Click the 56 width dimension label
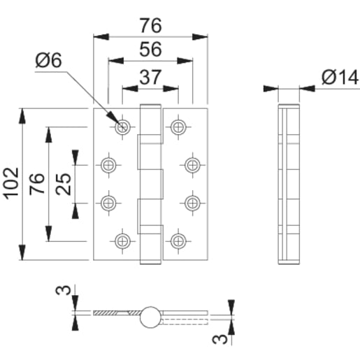[x=150, y=50]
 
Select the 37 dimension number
[x=150, y=77]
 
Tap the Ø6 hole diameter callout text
[x=48, y=62]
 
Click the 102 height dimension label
[x=12, y=184]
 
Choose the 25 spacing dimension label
[x=62, y=184]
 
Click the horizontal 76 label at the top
[x=150, y=25]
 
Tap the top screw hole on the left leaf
[x=124, y=127]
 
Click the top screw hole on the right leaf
[x=178, y=127]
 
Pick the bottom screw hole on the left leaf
[x=124, y=240]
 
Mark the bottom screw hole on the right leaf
[x=178, y=240]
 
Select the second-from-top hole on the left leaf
[x=109, y=165]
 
